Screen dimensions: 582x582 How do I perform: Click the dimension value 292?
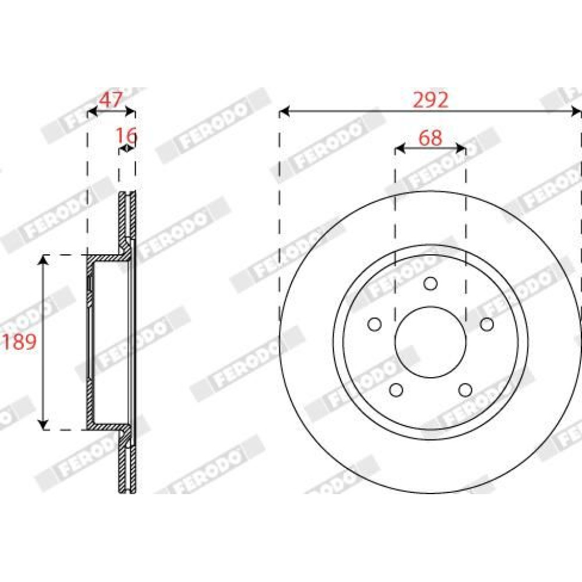point(431,100)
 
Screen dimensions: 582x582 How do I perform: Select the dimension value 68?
point(430,138)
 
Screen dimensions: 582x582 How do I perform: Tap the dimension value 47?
point(111,100)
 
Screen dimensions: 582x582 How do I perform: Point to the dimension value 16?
point(126,136)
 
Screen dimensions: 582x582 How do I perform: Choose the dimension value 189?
point(19,342)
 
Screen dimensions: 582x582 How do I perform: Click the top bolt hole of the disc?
point(430,284)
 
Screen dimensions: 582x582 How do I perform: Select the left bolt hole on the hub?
point(374,324)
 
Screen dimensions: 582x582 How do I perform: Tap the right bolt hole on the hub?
point(487,324)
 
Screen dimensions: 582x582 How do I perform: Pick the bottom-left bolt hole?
point(396,390)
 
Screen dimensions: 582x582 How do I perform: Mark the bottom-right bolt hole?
point(465,390)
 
